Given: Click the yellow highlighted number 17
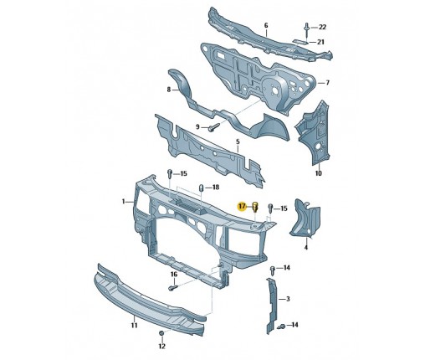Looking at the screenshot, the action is pos(242,207).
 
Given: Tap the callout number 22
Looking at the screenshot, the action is pos(322,27).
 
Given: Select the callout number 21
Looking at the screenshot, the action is pos(320,42).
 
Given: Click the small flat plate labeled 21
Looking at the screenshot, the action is pos(300,41).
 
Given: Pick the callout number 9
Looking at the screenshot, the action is pos(197,127).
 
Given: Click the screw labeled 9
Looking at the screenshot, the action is pos(214,127).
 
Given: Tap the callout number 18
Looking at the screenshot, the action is pos(216,188).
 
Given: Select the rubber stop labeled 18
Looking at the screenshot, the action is pos(201,188).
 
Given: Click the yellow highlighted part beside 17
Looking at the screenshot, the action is pos(255,207).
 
